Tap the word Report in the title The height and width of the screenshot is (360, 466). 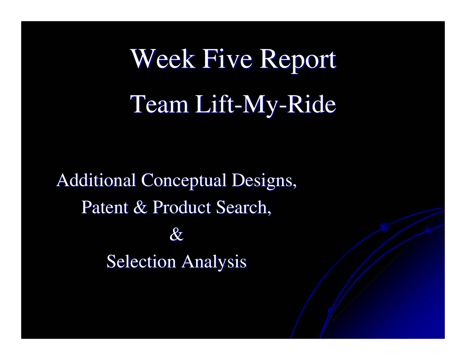[297, 59]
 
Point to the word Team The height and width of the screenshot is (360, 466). [159, 104]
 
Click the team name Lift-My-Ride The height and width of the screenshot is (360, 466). [265, 105]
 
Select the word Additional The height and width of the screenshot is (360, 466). [96, 180]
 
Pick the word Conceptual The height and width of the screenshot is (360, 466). [183, 180]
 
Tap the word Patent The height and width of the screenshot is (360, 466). [104, 207]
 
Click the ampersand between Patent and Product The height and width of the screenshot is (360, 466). [140, 207]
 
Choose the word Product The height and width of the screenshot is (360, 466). [182, 207]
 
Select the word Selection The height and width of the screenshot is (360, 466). [141, 261]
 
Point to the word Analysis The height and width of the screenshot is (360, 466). [214, 262]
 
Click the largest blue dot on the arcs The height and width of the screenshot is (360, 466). [385, 227]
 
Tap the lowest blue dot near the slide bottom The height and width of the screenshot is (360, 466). [331, 310]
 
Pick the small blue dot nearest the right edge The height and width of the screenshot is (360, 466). [429, 230]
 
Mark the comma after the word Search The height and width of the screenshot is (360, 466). [269, 213]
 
